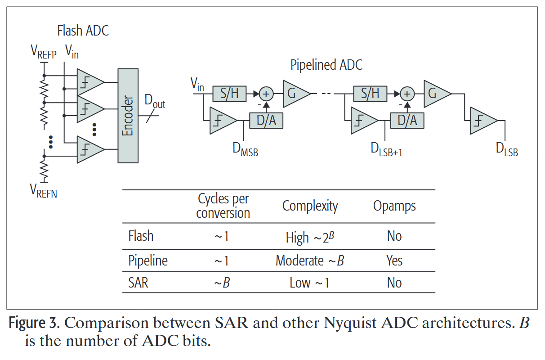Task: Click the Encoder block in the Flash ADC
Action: pyautogui.click(x=128, y=116)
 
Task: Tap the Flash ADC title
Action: pyautogui.click(x=83, y=31)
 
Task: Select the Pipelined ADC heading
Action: pyautogui.click(x=326, y=65)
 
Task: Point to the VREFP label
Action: pyautogui.click(x=43, y=52)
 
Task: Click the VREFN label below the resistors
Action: pyautogui.click(x=43, y=191)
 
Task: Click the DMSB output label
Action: pyautogui.click(x=245, y=150)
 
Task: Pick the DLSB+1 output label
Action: pyautogui.click(x=386, y=150)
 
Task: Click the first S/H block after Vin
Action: pyautogui.click(x=229, y=94)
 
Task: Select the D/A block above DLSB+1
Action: pyautogui.click(x=407, y=120)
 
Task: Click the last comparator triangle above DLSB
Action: pyautogui.click(x=482, y=121)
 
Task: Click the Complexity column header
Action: pyautogui.click(x=310, y=206)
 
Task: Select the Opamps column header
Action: pyautogui.click(x=394, y=206)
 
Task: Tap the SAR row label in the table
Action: pyautogui.click(x=138, y=283)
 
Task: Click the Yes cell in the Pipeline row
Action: pyautogui.click(x=394, y=261)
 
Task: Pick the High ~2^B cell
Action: pyautogui.click(x=310, y=237)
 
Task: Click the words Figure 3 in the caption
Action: pyautogui.click(x=34, y=324)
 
